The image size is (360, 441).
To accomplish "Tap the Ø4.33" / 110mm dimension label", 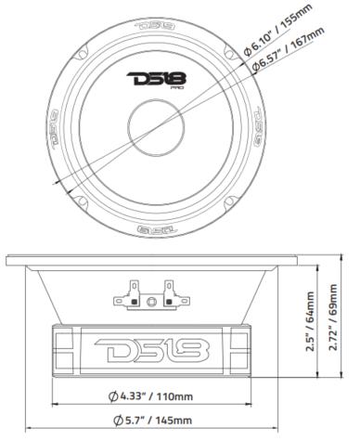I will point(159,398).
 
